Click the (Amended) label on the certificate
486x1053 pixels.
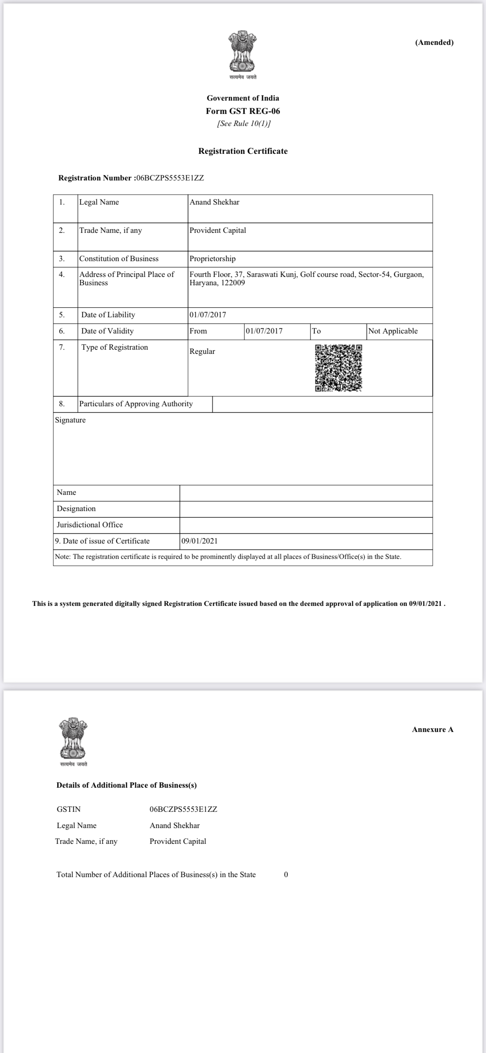(434, 42)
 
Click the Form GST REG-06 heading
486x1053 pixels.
(243, 111)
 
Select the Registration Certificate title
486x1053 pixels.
(243, 151)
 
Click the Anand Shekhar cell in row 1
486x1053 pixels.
(214, 202)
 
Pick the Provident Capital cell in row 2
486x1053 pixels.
(218, 230)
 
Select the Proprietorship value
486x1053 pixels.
(212, 259)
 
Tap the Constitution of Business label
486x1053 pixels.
(119, 259)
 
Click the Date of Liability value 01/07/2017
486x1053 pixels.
(208, 315)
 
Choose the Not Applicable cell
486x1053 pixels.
(393, 331)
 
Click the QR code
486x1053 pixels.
(338, 368)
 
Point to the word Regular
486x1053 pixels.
(202, 351)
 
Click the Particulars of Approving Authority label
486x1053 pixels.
(136, 404)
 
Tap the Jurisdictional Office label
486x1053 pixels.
(90, 525)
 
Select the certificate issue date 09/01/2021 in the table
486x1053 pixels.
(199, 541)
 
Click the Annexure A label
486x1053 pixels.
(432, 729)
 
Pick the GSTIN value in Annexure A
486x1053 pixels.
(183, 809)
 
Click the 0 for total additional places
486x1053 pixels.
(286, 875)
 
